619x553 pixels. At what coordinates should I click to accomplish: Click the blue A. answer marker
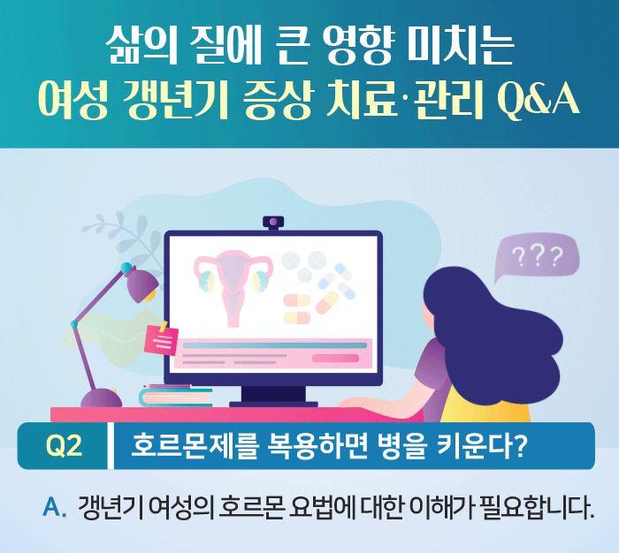pyautogui.click(x=55, y=509)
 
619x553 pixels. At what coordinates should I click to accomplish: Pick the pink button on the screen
pyautogui.click(x=335, y=358)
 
